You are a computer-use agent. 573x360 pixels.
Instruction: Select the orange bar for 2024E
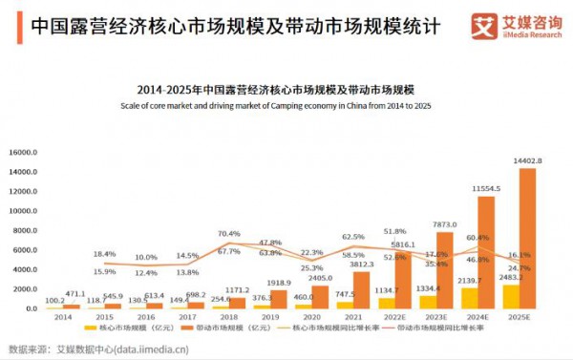tap(486, 252)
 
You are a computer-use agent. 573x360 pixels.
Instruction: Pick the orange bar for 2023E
tap(445, 270)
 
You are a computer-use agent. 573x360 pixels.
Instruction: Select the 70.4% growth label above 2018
tap(228, 233)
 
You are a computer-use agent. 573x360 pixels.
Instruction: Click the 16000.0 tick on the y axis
tap(21, 152)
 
